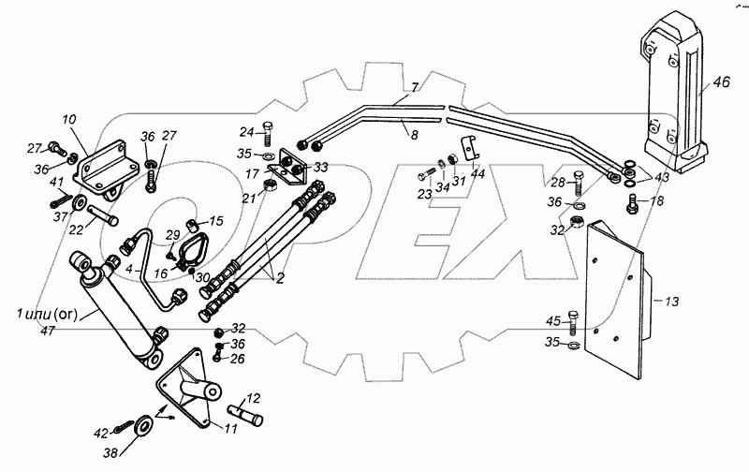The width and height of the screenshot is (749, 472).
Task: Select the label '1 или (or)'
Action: [x=47, y=312]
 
